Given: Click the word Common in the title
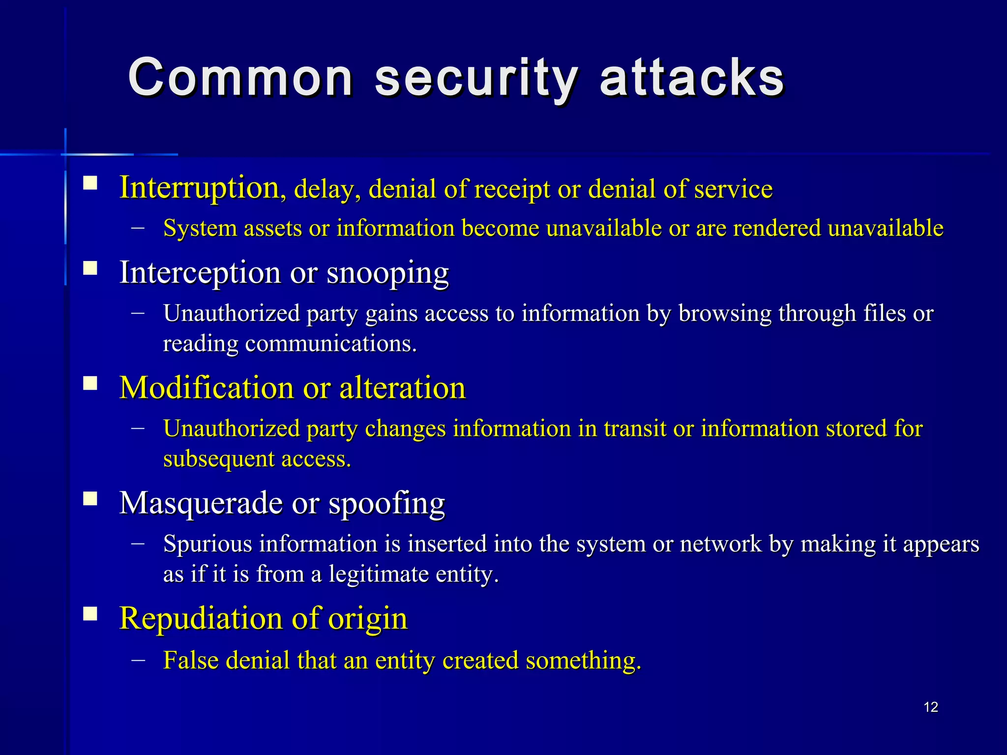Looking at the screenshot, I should (x=240, y=78).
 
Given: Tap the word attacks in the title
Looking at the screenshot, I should (x=692, y=78).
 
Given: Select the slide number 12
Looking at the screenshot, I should (x=931, y=707).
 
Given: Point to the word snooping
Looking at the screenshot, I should (x=387, y=273).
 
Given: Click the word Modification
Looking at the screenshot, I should (x=207, y=387).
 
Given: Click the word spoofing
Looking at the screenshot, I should (x=386, y=504).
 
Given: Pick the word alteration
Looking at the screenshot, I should (x=402, y=387).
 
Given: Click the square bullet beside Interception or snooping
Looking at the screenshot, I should (x=90, y=268).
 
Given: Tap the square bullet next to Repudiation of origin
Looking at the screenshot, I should (x=90, y=614).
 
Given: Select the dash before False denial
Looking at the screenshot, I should (x=138, y=660).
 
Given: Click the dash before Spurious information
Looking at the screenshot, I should (x=138, y=543).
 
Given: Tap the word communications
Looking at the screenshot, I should (x=330, y=343).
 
